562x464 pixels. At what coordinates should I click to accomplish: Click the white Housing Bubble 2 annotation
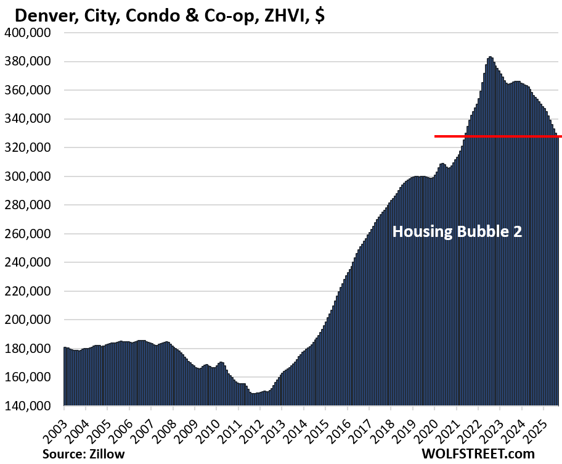pyautogui.click(x=457, y=232)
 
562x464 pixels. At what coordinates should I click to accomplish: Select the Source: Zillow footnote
pyautogui.click(x=84, y=454)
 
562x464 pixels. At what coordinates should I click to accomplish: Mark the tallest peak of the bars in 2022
pyautogui.click(x=490, y=57)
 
